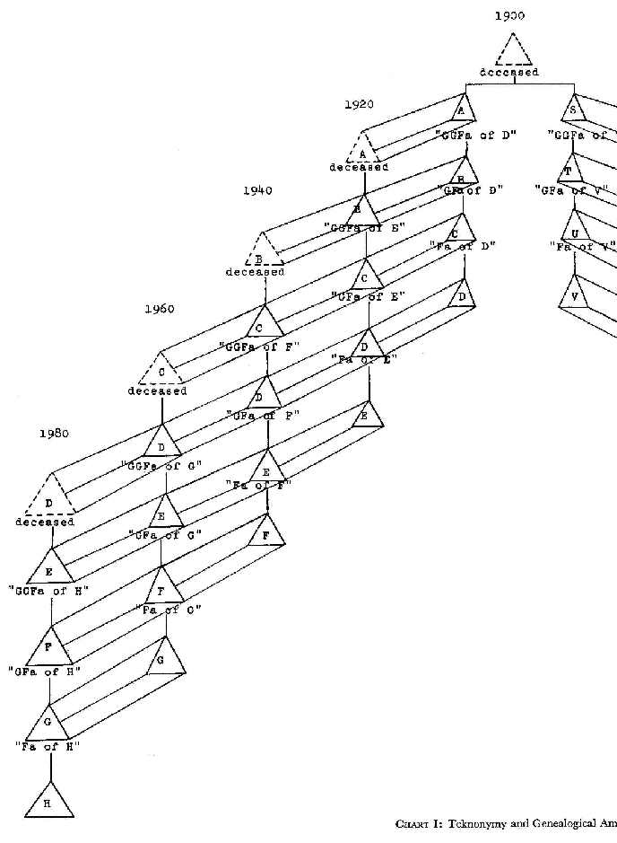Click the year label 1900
pyautogui.click(x=509, y=16)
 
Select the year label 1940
pyautogui.click(x=256, y=190)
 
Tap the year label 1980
pyautogui.click(x=55, y=433)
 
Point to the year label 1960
pyautogui.click(x=159, y=309)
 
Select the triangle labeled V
pyautogui.click(x=573, y=293)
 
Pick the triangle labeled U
pyautogui.click(x=573, y=222)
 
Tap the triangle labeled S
pyautogui.click(x=572, y=110)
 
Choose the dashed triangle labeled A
pyautogui.click(x=362, y=148)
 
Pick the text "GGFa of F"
pyautogui.click(x=259, y=345)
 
